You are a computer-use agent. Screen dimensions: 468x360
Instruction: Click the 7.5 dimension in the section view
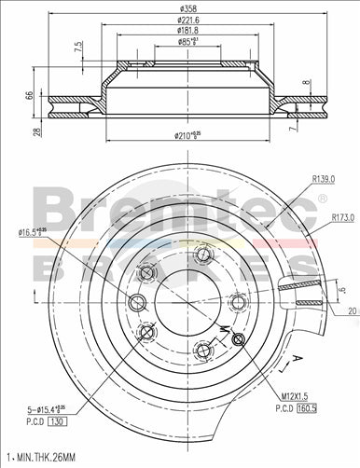(x=78, y=48)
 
